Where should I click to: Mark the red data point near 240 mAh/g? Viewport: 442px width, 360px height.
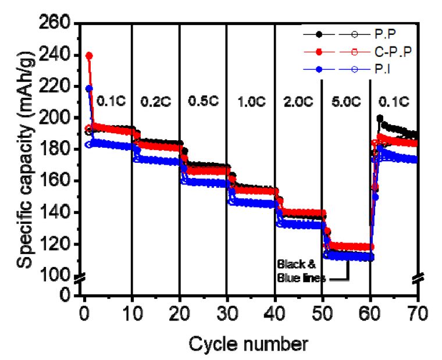point(90,56)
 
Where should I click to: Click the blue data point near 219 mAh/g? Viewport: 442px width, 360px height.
point(89,88)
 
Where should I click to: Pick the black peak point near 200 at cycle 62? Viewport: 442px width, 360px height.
point(380,118)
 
